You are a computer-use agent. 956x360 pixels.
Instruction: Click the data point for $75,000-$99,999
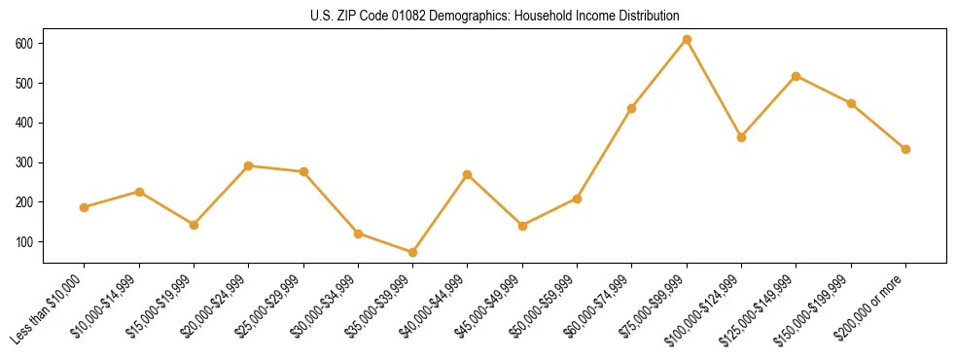click(687, 40)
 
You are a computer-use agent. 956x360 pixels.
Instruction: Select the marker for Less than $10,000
click(85, 207)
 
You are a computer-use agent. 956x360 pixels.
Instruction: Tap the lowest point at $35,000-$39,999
click(413, 252)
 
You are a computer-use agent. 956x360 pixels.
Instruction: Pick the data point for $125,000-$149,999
click(797, 76)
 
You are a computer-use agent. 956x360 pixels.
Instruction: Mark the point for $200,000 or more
click(905, 149)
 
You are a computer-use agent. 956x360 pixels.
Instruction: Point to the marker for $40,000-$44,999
click(468, 174)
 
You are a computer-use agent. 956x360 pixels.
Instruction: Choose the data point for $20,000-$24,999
click(249, 165)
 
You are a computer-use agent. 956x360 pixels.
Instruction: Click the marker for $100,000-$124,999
click(741, 137)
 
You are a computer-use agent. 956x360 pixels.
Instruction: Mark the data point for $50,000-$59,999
click(577, 198)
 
